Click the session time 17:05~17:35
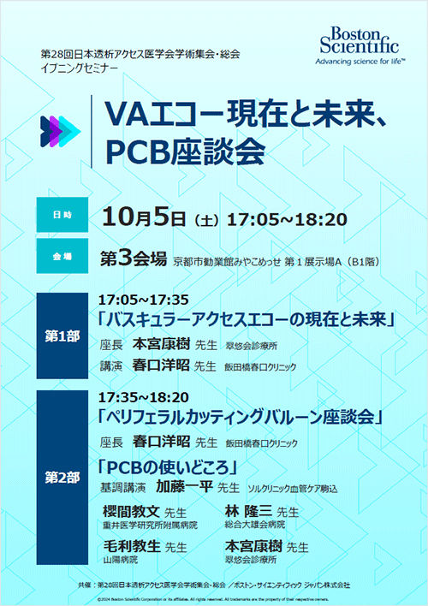[x=143, y=300]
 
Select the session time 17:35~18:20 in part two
[x=143, y=398]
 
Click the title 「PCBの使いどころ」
[x=165, y=467]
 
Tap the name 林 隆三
[x=247, y=511]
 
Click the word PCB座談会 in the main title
[x=195, y=151]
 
